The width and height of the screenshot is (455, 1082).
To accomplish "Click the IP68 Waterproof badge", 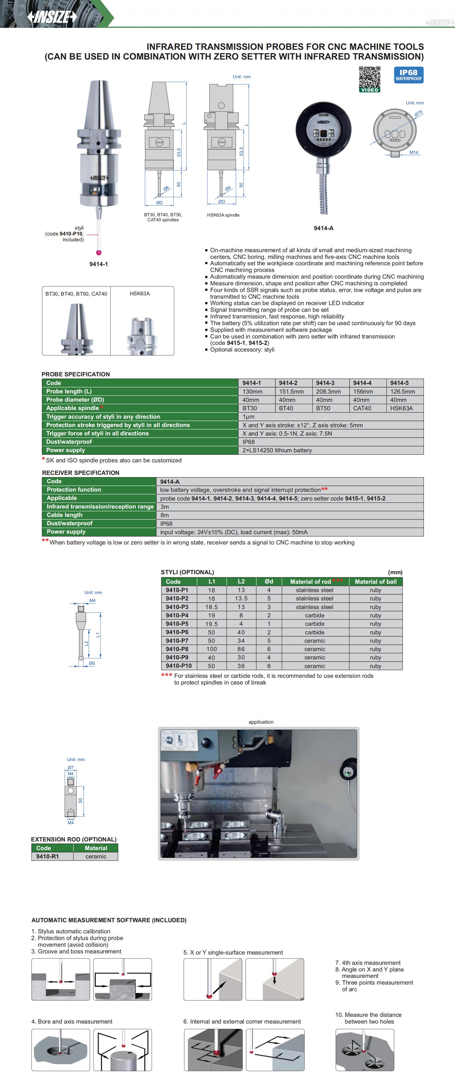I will coord(408,75).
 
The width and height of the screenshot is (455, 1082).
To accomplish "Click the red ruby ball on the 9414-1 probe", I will coord(99,252).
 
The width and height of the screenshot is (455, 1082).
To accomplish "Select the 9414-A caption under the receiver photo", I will coord(323,228).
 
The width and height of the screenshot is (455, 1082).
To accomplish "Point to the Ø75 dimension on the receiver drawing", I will coord(418,113).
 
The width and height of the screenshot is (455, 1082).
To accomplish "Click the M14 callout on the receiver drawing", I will coord(414,153).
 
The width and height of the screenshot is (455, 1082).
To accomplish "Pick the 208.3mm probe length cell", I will coord(328,391).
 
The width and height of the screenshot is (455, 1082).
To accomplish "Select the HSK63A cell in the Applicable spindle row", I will coord(401,408).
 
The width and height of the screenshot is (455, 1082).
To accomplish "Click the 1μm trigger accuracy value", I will coord(248,417).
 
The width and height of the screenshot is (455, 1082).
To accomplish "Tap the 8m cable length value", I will coord(164,515).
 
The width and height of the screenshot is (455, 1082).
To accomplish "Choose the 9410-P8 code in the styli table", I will coord(177,649).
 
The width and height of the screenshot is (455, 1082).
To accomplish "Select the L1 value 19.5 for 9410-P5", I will coord(212,624).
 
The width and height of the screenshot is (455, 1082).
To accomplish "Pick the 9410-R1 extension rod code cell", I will coord(47,857).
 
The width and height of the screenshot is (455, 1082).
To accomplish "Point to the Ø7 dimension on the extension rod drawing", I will coord(71,767).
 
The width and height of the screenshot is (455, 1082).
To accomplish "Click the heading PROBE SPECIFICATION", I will coord(76,374).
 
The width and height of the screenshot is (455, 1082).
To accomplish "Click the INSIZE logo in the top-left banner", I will coord(52,16).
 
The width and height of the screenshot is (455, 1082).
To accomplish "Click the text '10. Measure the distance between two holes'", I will coord(368,1018).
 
